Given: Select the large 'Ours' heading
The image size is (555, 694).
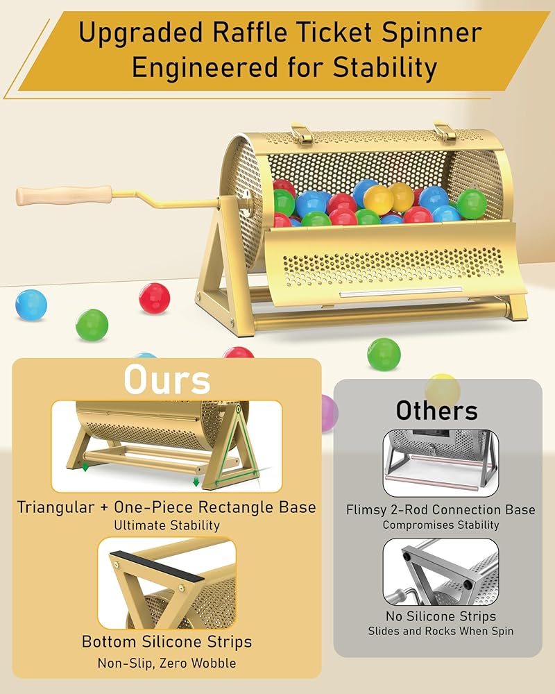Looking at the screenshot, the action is (166, 379).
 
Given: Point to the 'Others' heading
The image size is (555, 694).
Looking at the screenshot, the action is (436, 410).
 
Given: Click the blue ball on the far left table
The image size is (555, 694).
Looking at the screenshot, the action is (31, 304).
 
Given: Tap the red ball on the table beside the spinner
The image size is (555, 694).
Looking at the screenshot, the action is (154, 297).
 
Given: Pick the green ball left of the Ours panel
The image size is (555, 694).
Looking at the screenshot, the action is (92, 325).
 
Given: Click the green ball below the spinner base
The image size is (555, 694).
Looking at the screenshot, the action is (384, 353).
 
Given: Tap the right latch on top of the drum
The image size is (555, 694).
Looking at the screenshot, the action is (444, 131).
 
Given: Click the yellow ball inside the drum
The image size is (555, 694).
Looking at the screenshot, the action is (379, 199).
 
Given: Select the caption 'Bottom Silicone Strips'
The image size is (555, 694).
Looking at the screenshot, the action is (166, 641).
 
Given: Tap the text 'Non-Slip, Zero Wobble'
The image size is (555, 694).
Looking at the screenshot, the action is (166, 663).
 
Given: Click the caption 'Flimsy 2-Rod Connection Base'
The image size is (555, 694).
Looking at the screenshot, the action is (441, 509).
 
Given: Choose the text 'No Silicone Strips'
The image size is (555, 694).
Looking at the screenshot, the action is (441, 616).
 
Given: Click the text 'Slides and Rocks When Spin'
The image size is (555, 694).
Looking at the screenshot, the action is (441, 631).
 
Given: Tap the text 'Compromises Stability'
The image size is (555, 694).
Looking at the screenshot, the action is (441, 525).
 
